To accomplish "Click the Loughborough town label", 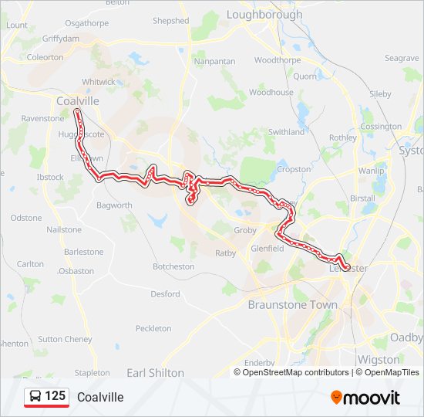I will click(264, 15).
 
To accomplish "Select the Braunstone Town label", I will click(292, 305).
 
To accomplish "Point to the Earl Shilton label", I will click(155, 373).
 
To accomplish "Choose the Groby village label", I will click(244, 230).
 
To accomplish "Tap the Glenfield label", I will click(268, 249).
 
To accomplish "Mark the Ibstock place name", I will click(50, 178).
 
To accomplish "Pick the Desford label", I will click(165, 294).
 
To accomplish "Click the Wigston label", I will click(379, 360).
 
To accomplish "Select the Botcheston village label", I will click(173, 266).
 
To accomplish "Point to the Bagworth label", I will click(114, 205).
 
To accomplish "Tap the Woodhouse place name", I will click(271, 93).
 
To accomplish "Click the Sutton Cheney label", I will click(65, 339).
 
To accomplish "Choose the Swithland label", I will click(286, 132).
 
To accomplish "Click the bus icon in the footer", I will click(35, 397).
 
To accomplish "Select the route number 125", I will click(56, 396).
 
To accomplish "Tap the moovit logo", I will click(365, 398).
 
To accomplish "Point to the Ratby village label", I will click(226, 253).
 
